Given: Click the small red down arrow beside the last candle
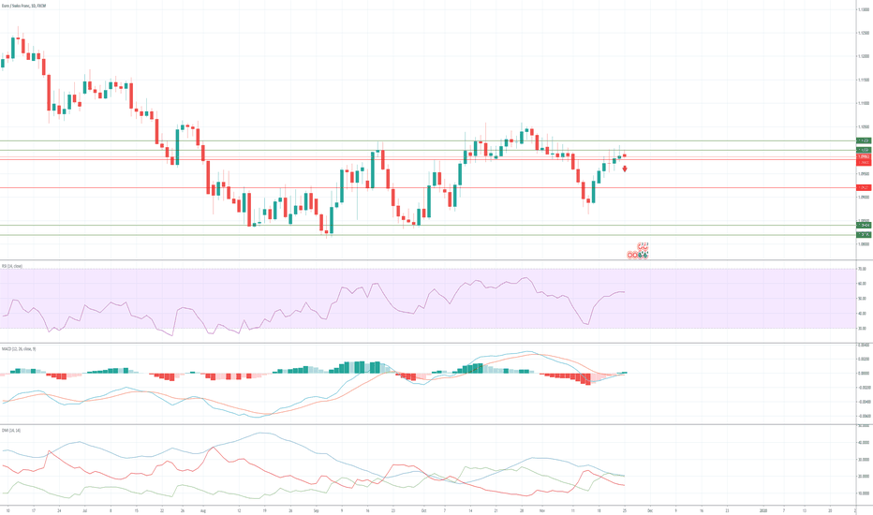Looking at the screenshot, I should [x=625, y=169].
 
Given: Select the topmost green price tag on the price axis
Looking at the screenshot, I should [x=864, y=140].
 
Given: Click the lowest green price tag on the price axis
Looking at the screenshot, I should [x=864, y=234].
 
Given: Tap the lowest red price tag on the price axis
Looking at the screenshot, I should [x=864, y=188].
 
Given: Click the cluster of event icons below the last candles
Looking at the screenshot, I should [x=639, y=251].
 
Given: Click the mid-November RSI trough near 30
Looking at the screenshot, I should [x=587, y=325].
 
